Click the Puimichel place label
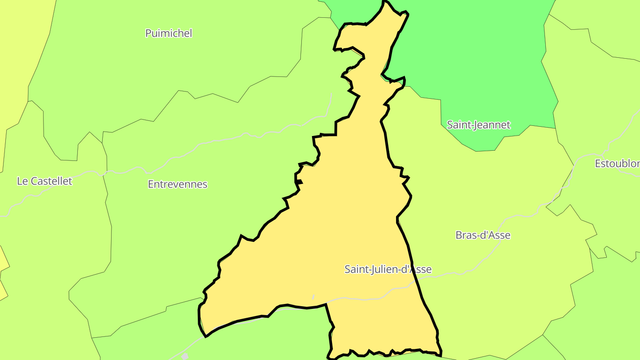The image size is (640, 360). click(x=169, y=33)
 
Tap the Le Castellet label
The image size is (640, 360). click(x=44, y=181)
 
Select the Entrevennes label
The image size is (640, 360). click(x=177, y=184)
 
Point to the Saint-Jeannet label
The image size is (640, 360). click(x=479, y=125)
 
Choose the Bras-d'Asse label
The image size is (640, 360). click(x=483, y=235)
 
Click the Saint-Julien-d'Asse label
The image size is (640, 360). click(x=388, y=269)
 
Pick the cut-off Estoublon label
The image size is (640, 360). click(x=617, y=164)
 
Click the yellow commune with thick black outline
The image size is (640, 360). click(x=338, y=222)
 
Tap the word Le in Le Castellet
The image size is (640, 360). click(x=22, y=181)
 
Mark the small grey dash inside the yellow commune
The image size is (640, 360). click(x=313, y=297)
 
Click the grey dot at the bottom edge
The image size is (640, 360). click(x=185, y=356)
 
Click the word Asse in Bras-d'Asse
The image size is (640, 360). click(x=498, y=235)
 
